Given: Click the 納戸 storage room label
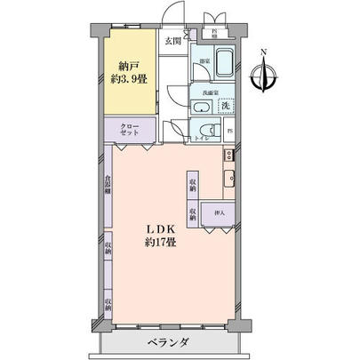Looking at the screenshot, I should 131,65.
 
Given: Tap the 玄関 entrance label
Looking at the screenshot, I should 172,42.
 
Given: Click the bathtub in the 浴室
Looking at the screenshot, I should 223,62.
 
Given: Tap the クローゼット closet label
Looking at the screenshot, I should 130,131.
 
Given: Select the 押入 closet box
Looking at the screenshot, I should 217,214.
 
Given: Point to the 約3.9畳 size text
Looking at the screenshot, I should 131,78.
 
